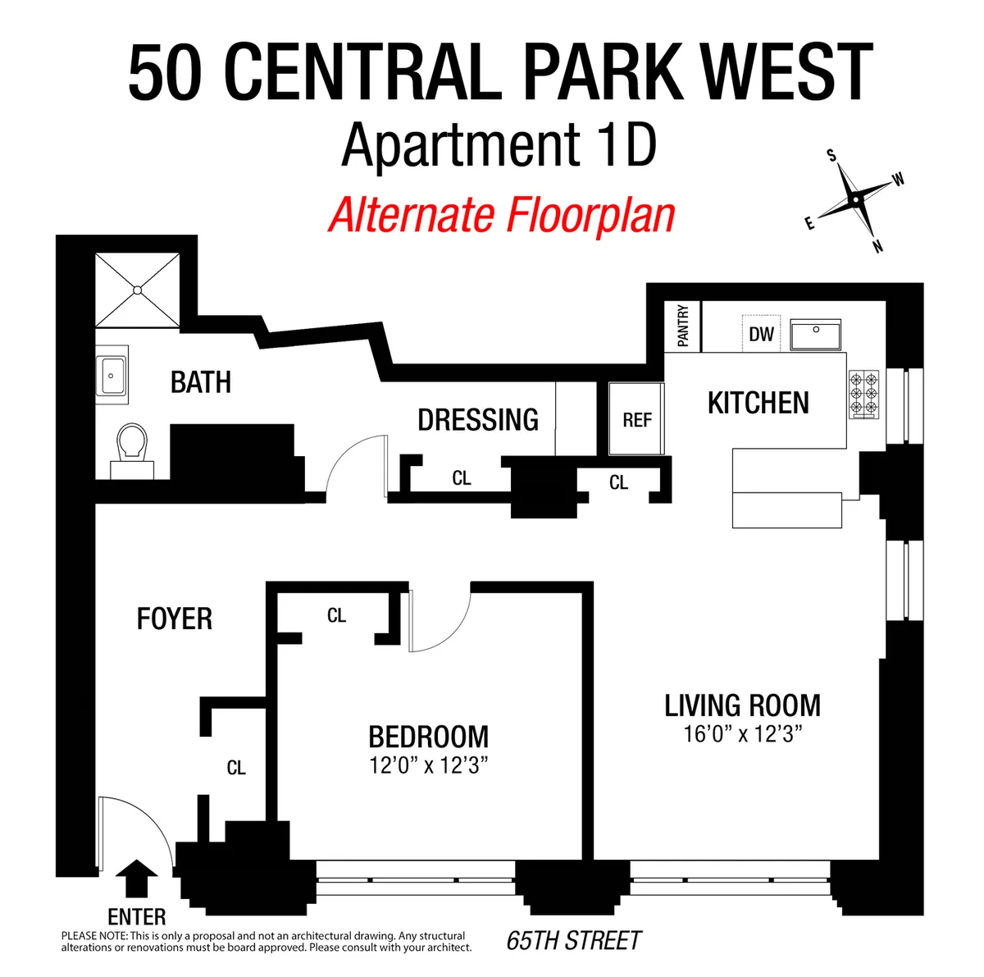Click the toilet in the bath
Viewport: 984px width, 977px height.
tap(132, 447)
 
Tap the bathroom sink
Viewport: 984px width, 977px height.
tap(112, 376)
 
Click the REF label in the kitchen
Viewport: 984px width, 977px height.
tap(636, 420)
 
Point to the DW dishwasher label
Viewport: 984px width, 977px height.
tap(761, 334)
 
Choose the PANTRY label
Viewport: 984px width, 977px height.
tap(683, 326)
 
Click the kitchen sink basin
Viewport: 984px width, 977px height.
tap(816, 335)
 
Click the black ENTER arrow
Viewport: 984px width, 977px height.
tap(136, 879)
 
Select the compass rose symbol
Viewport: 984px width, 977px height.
tap(855, 199)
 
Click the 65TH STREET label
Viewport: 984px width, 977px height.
tap(574, 940)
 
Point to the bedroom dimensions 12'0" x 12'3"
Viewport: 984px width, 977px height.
tap(428, 766)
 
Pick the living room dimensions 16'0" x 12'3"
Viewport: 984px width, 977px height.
tap(742, 733)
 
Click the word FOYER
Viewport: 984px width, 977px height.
tap(174, 619)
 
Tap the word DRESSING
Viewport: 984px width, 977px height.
tap(478, 420)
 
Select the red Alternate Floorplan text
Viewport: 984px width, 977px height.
tap(501, 215)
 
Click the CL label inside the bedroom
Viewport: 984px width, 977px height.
tap(336, 615)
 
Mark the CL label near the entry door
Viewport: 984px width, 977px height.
tap(236, 768)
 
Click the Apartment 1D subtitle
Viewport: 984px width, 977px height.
tap(499, 145)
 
